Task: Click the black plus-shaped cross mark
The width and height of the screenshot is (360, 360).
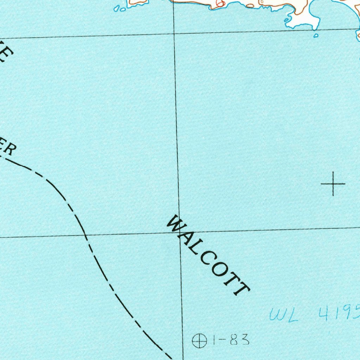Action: click(333, 184)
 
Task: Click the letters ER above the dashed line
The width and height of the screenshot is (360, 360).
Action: click(8, 148)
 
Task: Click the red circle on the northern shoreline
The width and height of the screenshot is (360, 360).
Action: click(220, 4)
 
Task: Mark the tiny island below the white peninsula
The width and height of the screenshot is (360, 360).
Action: click(316, 36)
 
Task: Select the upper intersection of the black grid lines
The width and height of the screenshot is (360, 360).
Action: click(175, 34)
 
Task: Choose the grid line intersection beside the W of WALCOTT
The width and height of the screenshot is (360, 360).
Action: click(180, 232)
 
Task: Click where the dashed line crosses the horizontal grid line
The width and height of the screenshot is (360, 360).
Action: click(85, 234)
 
